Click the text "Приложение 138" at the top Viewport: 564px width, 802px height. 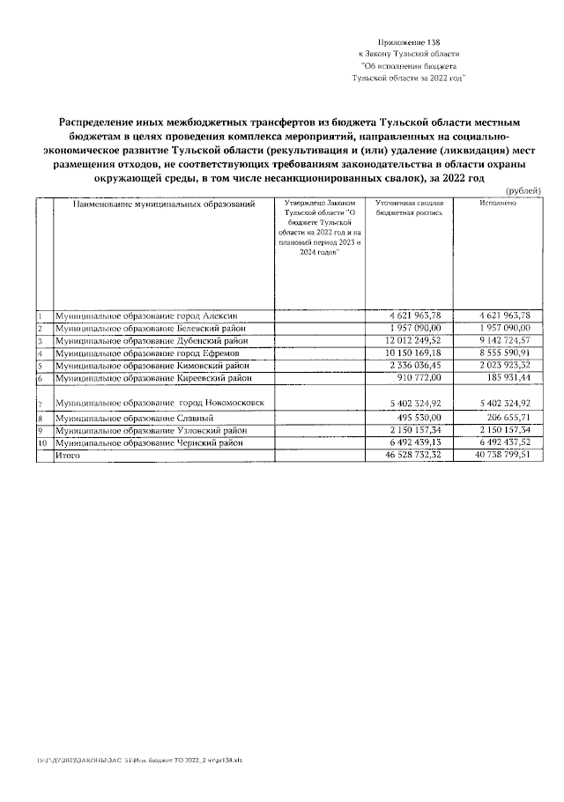coord(408,42)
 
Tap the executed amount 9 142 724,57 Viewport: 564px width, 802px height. coord(499,340)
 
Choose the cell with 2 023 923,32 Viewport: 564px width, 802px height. coord(499,365)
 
